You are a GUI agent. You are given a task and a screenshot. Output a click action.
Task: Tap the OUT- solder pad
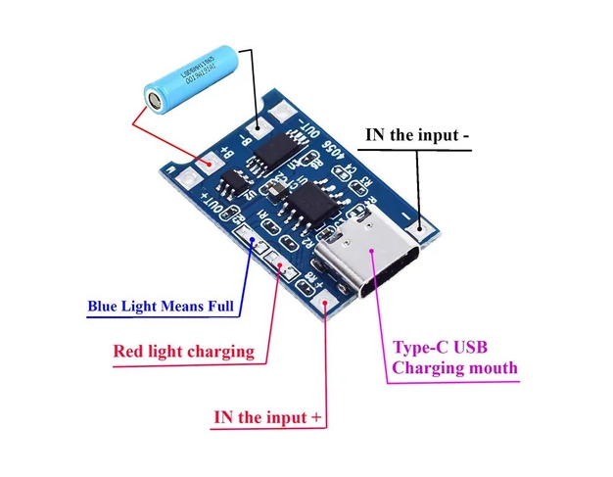288,113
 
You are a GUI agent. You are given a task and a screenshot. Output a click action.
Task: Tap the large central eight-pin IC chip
306,208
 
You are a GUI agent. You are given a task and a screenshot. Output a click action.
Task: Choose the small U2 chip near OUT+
236,183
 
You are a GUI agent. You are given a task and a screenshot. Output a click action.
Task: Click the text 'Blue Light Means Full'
162,307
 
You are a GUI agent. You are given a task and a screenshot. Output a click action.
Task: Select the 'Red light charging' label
183,351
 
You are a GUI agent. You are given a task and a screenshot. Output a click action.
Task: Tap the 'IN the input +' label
267,417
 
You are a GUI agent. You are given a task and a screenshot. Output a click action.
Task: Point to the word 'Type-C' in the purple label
421,348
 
